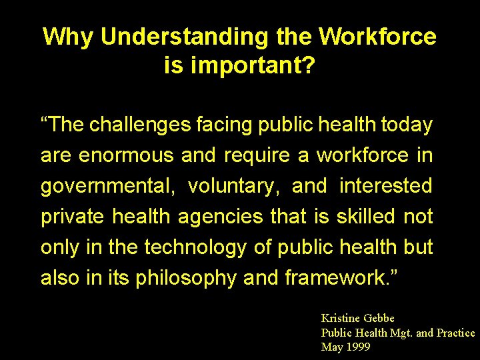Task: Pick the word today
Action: [407, 125]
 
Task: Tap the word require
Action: [257, 155]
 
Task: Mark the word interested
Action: [386, 186]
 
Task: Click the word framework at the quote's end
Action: [336, 278]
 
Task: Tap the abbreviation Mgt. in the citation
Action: [398, 333]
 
